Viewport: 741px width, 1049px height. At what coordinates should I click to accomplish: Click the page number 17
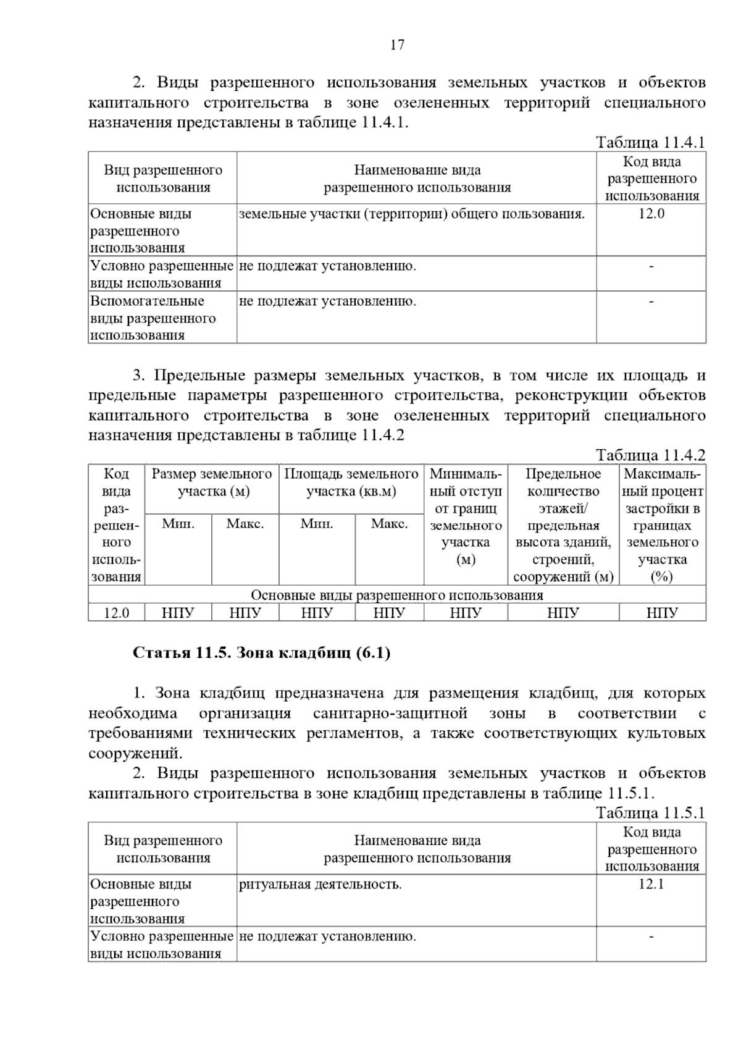[x=397, y=45]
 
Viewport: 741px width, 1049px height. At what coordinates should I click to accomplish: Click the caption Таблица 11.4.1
[x=650, y=143]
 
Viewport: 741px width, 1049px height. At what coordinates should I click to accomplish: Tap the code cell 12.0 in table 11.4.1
[x=651, y=214]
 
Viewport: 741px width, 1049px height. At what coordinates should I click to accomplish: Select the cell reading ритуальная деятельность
[x=320, y=884]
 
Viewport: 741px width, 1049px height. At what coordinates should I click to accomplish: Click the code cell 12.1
[x=651, y=884]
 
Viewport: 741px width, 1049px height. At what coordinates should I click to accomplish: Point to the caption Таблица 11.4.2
[x=650, y=455]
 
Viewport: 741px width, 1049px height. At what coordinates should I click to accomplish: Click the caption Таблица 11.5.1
[x=650, y=813]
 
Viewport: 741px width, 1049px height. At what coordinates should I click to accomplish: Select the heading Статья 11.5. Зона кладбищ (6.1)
[x=262, y=653]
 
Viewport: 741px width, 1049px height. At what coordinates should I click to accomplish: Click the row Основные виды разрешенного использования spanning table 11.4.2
[x=396, y=595]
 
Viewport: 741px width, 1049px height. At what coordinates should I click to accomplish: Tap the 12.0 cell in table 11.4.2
[x=116, y=613]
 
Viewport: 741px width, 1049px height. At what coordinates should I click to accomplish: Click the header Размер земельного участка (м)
[x=212, y=483]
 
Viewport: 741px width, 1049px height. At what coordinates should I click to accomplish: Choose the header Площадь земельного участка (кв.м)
[x=351, y=483]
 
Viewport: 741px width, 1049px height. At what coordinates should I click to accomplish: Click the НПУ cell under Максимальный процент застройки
[x=662, y=613]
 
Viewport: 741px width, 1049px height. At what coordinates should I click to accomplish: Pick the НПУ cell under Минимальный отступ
[x=465, y=613]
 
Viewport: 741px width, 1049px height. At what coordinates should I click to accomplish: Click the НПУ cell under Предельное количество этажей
[x=563, y=613]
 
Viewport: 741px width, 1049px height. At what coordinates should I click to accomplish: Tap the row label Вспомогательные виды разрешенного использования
[x=153, y=318]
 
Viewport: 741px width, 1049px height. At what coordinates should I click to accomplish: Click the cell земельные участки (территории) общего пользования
[x=411, y=214]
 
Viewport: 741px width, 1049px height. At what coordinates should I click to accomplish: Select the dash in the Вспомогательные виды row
[x=651, y=301]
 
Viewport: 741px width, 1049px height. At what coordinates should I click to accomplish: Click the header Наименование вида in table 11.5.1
[x=417, y=849]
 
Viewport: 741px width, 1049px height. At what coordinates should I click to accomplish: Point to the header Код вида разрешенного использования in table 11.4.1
[x=651, y=179]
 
